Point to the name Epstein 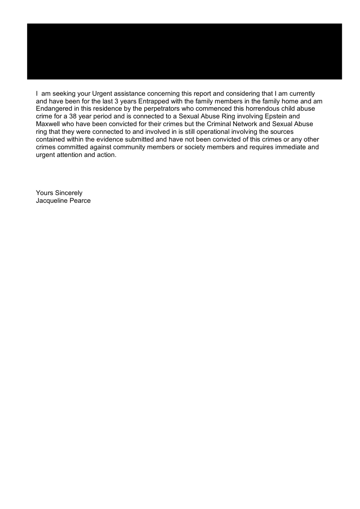pyautogui.click(x=272, y=116)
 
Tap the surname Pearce pyautogui.click(x=80, y=201)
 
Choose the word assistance pyautogui.click(x=128, y=94)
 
